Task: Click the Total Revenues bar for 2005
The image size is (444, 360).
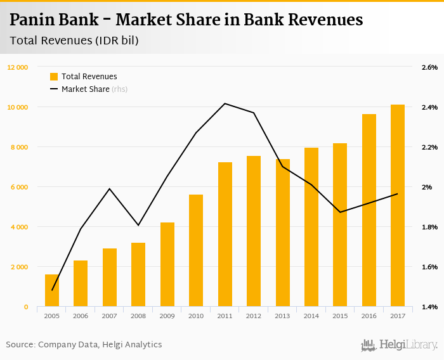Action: point(52,290)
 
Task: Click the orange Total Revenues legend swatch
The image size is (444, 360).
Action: point(54,77)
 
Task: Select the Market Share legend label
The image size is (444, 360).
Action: point(86,89)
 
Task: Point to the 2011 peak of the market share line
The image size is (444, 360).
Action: point(225,103)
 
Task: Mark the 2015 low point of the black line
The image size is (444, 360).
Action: point(340,212)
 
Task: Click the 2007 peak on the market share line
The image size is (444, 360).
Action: point(110,189)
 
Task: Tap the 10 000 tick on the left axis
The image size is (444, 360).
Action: point(18,107)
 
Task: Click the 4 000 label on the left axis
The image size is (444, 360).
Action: point(19,227)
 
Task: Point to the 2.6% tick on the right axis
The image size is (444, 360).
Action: point(429,67)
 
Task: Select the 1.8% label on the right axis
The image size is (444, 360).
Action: point(429,227)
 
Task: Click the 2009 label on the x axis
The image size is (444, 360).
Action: point(167,316)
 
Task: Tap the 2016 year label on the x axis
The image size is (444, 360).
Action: point(369,316)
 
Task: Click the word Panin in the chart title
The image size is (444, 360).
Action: point(31,20)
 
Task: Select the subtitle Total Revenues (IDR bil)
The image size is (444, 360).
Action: point(74,41)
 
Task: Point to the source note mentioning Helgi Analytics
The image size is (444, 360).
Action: point(84,345)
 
